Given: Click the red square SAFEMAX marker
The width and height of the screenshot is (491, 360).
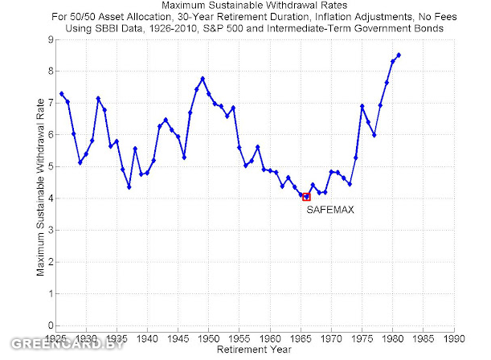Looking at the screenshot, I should click(x=306, y=197).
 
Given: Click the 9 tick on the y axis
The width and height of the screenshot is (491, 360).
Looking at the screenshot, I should click(x=48, y=39).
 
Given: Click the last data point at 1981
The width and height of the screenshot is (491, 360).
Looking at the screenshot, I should click(x=399, y=55).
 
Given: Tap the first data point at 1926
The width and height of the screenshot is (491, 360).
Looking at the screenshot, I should click(x=61, y=94).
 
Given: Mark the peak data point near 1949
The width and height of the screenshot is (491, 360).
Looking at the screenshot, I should click(x=203, y=78).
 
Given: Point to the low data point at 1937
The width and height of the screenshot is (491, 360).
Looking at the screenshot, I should click(x=129, y=187).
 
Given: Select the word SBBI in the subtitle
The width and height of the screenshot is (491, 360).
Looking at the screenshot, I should click(x=173, y=29).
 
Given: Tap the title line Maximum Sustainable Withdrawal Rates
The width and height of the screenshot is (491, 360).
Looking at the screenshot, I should click(x=255, y=6).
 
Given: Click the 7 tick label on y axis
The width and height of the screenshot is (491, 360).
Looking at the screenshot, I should click(x=48, y=102).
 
